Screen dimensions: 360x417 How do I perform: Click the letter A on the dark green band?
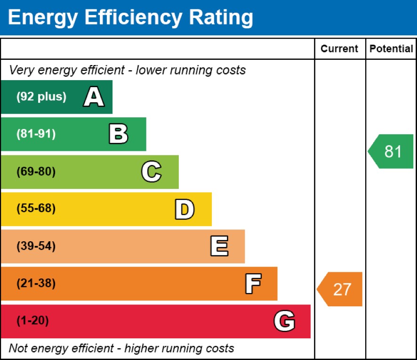coord(94,97)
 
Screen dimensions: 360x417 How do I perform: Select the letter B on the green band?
coord(118,134)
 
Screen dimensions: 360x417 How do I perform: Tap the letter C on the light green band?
coord(151,172)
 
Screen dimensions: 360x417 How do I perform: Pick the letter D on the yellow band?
coord(184,209)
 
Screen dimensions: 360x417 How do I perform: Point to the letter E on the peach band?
coord(219,246)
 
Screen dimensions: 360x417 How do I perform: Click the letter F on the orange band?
coord(253,284)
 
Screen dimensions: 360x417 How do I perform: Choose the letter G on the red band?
coord(284,321)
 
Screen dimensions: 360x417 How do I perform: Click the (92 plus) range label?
coord(41,97)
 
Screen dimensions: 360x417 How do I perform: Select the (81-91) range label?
coord(36,134)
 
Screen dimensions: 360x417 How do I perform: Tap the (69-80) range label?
coord(36,172)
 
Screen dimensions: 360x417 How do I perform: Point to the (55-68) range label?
coord(36,209)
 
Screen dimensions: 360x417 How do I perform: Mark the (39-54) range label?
coord(36,246)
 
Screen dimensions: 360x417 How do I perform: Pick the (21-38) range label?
coord(36,284)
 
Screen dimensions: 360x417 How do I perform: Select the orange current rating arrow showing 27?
coord(340,289)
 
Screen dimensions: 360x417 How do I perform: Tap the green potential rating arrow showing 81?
coord(391,151)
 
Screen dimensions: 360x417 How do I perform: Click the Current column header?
coord(339,49)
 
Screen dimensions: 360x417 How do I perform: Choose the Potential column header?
coord(391,49)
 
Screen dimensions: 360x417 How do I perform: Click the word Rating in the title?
coord(221,17)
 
